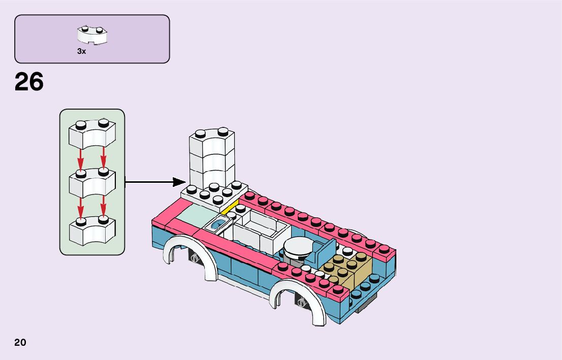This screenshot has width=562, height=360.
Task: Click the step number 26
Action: [x=29, y=82]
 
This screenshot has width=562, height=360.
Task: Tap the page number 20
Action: [x=20, y=342]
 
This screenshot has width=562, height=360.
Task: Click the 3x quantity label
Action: [x=81, y=51]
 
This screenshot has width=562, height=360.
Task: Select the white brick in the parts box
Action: [x=92, y=35]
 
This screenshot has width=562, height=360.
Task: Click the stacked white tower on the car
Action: [x=212, y=157]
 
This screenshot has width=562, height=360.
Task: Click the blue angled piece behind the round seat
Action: [x=324, y=251]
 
